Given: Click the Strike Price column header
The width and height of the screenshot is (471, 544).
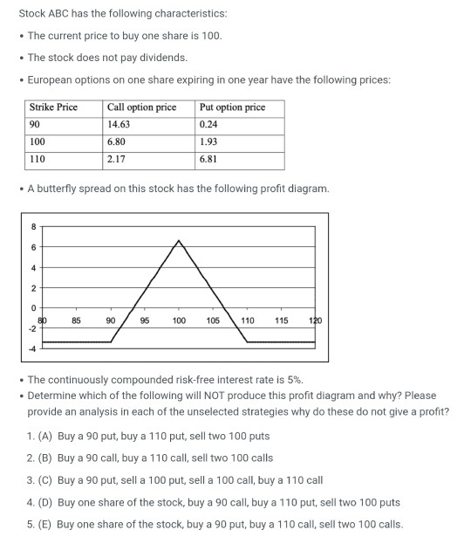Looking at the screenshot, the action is tap(53, 107).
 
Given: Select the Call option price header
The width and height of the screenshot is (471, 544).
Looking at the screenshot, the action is tap(140, 107).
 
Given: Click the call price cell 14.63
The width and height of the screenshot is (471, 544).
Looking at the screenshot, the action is tap(118, 125).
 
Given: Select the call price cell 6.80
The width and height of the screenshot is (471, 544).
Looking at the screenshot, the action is tap(115, 141).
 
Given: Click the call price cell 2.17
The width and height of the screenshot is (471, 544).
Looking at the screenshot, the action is tap(115, 159).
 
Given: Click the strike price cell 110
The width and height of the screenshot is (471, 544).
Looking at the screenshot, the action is tap(38, 159).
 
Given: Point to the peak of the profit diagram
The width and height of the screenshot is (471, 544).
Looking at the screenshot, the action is tap(179, 239).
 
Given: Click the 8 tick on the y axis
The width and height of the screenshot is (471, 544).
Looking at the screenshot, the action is tap(34, 226).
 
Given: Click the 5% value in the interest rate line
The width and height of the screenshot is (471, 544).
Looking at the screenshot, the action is tap(293, 380).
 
